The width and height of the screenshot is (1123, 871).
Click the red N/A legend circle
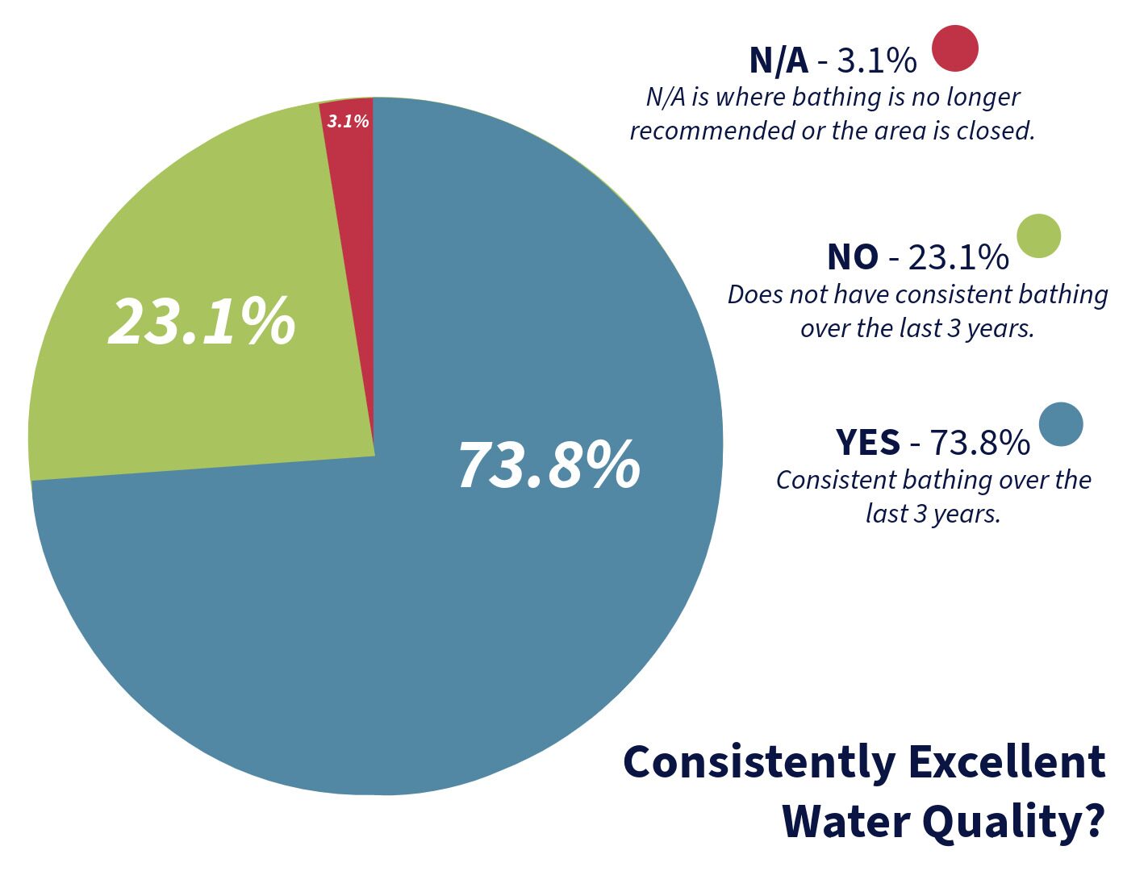click(954, 48)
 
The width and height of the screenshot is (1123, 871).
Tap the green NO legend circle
click(1038, 236)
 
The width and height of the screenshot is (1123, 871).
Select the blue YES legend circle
click(1060, 424)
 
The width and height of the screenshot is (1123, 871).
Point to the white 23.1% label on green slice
click(202, 322)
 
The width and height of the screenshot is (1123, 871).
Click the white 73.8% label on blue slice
click(549, 465)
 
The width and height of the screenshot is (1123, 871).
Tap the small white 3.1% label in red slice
click(348, 122)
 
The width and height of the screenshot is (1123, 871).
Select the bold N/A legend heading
click(778, 60)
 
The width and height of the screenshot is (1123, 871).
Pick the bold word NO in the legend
click(852, 257)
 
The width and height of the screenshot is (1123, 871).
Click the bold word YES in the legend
click(867, 443)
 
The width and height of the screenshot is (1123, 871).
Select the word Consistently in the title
click(759, 762)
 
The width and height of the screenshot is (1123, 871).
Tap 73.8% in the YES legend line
click(979, 443)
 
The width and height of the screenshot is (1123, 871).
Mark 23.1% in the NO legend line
click(958, 257)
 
